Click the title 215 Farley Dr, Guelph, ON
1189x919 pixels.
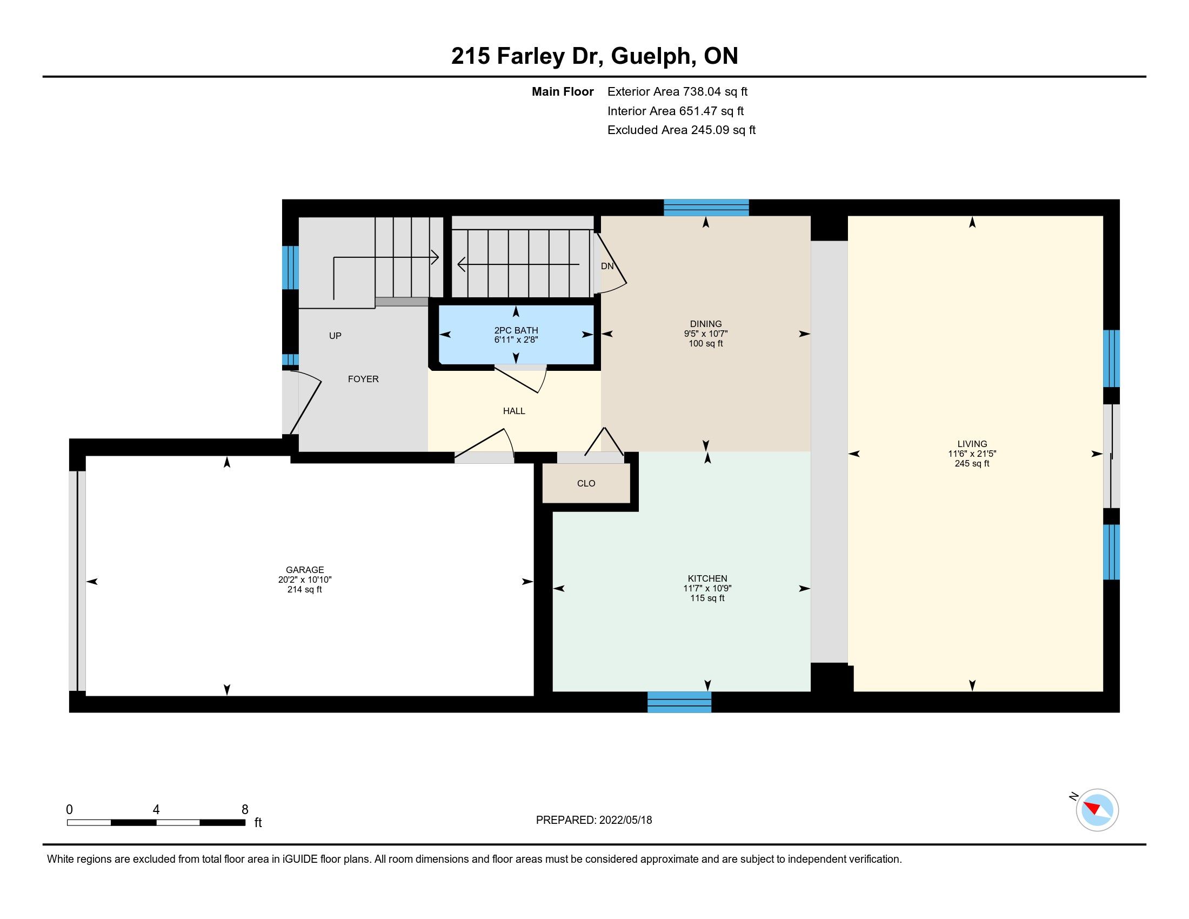(594, 56)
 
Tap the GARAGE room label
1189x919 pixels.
(305, 570)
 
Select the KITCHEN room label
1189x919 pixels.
(707, 578)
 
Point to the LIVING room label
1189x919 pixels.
(972, 444)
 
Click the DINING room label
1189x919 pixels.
(705, 324)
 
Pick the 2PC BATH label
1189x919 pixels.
(516, 330)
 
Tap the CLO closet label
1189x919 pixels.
(586, 483)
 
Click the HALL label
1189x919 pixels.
(514, 411)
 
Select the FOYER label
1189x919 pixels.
(363, 379)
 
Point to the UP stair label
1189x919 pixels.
(336, 336)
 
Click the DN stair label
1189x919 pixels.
(607, 266)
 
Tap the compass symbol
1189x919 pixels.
(1097, 810)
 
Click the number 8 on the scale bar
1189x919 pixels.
(245, 810)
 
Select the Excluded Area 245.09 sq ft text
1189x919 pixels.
(682, 130)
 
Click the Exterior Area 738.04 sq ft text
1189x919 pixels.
(678, 91)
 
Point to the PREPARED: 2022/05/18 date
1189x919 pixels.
(594, 820)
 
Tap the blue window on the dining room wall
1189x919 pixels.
(706, 208)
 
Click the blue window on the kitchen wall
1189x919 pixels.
(679, 702)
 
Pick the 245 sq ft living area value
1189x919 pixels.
(972, 464)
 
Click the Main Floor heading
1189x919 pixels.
(563, 91)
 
